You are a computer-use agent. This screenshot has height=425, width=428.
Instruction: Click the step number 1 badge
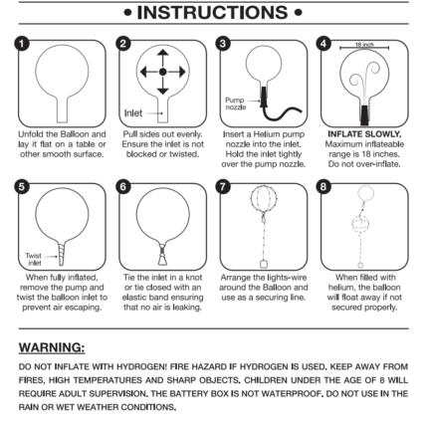[x=22, y=44]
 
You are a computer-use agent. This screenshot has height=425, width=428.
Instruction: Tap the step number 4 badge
[x=323, y=44]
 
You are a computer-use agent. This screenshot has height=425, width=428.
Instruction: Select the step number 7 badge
[x=223, y=187]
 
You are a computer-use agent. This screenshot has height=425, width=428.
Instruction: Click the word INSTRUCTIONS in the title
[x=213, y=13]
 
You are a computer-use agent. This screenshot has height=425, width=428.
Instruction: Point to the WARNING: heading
[x=52, y=347]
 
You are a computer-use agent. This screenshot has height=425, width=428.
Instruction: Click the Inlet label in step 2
[x=133, y=113]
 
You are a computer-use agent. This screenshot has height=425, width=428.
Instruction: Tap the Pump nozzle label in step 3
[x=235, y=104]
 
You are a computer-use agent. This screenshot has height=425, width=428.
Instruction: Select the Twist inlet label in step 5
[x=34, y=259]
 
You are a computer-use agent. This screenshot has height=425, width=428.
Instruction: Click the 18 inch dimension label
[x=364, y=45]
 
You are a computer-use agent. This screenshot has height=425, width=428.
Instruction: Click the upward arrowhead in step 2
[x=162, y=53]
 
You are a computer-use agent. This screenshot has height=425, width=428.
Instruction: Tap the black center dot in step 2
[x=162, y=72]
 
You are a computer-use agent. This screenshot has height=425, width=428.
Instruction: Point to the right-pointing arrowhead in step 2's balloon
[x=182, y=72]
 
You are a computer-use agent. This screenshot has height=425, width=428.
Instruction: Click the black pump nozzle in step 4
[x=364, y=114]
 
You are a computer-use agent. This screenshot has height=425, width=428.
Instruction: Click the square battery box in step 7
[x=264, y=264]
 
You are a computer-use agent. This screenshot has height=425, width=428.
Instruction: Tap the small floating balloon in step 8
[x=365, y=193]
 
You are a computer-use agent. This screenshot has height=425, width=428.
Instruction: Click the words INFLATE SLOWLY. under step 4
[x=364, y=134]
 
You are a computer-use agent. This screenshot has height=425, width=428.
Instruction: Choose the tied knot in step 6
[x=162, y=247]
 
